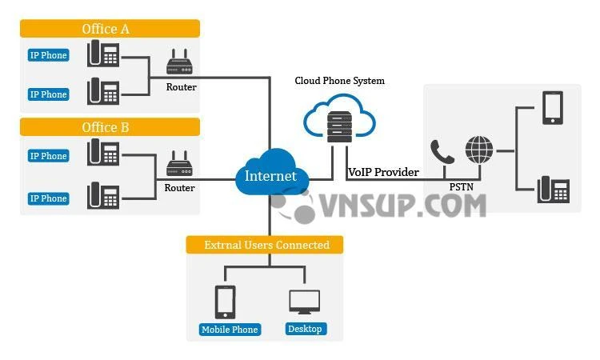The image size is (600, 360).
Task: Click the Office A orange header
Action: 109,29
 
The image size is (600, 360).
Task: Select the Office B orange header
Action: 109,127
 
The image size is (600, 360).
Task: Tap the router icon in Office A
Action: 181,62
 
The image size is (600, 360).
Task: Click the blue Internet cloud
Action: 270,172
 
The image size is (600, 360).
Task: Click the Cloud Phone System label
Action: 339,81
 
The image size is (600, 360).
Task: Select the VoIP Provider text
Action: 383,172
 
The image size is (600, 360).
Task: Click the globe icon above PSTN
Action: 479,150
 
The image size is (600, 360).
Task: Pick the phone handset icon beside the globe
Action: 442,152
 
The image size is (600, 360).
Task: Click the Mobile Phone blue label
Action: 229,329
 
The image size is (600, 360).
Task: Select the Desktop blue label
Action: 304,329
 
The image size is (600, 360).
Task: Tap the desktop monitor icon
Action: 304,302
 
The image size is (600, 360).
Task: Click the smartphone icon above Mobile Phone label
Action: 226,302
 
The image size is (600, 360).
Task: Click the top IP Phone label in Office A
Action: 49,55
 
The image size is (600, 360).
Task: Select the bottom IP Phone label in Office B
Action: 49,198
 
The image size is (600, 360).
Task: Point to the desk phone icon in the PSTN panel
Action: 554,190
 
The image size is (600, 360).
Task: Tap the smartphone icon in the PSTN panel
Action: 553,107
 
